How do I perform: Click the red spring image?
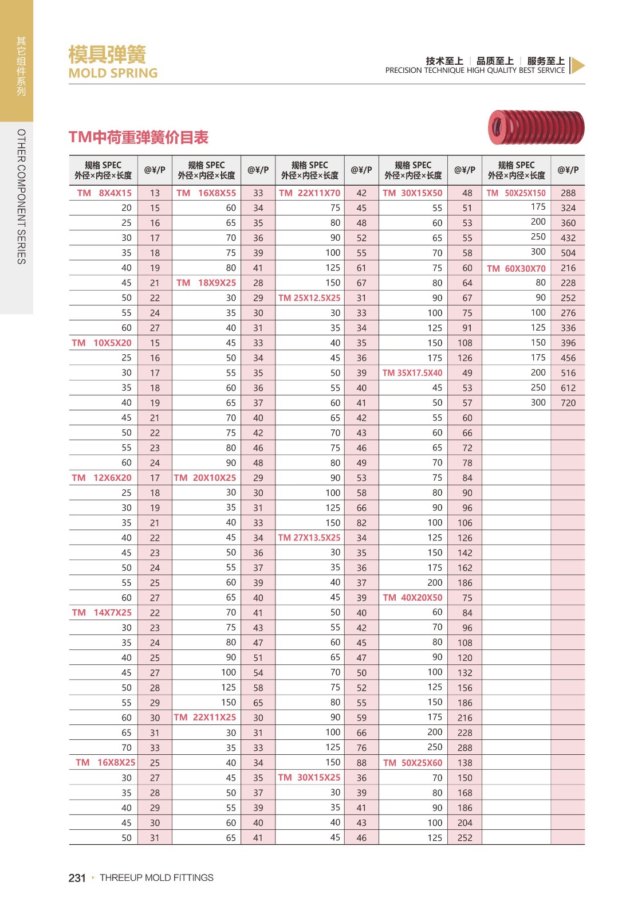point(536,127)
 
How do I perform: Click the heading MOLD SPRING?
point(113,73)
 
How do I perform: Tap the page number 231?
point(77,878)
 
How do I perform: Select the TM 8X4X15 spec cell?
point(104,193)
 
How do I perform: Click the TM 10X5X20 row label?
point(102,343)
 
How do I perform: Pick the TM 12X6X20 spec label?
point(102,478)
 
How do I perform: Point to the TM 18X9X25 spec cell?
point(206,283)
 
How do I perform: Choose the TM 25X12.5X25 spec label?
point(309,298)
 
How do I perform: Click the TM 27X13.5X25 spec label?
point(309,538)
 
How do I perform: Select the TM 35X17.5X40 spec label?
point(412,373)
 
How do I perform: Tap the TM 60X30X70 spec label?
point(516,268)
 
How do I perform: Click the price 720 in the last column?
point(568,403)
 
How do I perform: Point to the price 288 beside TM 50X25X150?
point(568,193)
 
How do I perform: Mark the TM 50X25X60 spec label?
point(412,763)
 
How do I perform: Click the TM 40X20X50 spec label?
point(412,598)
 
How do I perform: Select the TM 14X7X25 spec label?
point(102,613)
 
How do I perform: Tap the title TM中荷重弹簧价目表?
point(139,138)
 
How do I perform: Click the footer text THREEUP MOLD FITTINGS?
point(156,878)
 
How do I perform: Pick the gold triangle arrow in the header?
point(578,66)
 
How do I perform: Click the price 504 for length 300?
point(568,253)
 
